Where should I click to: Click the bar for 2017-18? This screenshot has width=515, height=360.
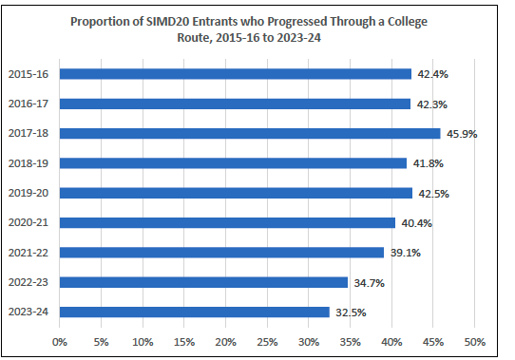pyautogui.click(x=250, y=134)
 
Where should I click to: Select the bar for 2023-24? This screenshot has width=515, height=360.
pyautogui.click(x=194, y=312)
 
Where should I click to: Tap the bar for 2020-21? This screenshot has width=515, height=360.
pyautogui.click(x=227, y=222)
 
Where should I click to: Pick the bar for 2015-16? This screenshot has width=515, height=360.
pyautogui.click(x=236, y=74)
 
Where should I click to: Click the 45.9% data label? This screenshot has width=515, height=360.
pyautogui.click(x=461, y=134)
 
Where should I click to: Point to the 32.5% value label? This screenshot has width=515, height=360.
pyautogui.click(x=350, y=312)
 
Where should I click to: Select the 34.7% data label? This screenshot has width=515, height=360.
pyautogui.click(x=368, y=282)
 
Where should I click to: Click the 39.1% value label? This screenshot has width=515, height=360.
pyautogui.click(x=404, y=253)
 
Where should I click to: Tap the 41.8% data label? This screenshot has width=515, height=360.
pyautogui.click(x=427, y=163)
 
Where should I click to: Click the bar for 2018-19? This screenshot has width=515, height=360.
pyautogui.click(x=233, y=163)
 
